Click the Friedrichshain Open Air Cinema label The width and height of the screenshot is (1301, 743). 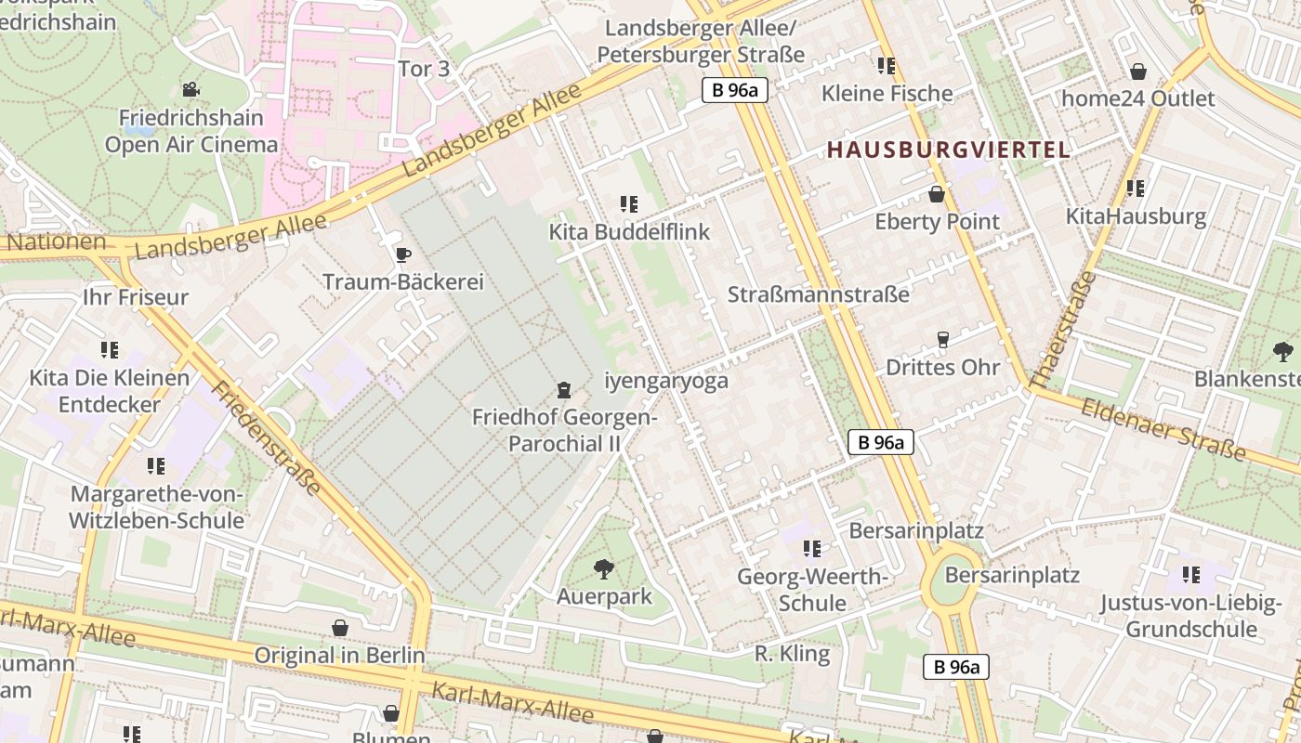pyautogui.click(x=191, y=131)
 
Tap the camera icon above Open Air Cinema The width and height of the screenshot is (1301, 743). pyautogui.click(x=191, y=89)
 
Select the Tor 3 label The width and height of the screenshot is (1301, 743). pyautogui.click(x=424, y=69)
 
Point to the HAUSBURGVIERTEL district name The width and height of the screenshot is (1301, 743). pyautogui.click(x=948, y=150)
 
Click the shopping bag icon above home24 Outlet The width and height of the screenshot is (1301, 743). pyautogui.click(x=1137, y=72)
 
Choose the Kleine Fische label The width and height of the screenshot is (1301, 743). pyautogui.click(x=887, y=94)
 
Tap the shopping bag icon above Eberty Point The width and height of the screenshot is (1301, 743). pyautogui.click(x=937, y=194)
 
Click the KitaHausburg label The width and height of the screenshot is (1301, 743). pyautogui.click(x=1136, y=217)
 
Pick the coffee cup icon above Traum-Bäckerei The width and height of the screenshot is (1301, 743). pyautogui.click(x=402, y=254)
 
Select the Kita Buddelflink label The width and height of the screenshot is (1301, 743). pyautogui.click(x=629, y=232)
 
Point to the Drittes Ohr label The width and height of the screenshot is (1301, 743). pyautogui.click(x=942, y=367)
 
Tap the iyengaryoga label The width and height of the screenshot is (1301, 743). pyautogui.click(x=666, y=381)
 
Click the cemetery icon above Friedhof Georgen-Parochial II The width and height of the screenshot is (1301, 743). pyautogui.click(x=563, y=389)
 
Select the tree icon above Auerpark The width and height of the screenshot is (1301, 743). pyautogui.click(x=604, y=568)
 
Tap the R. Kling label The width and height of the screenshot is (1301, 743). pyautogui.click(x=792, y=654)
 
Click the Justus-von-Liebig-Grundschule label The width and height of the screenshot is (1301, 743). pyautogui.click(x=1190, y=616)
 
